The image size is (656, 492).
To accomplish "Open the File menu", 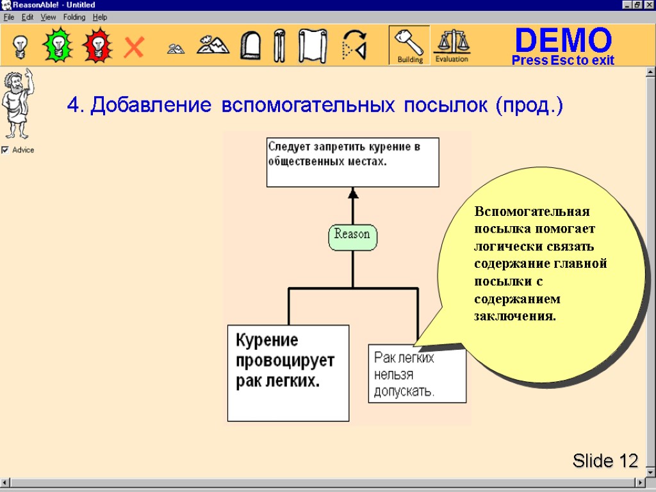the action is (x=9, y=17).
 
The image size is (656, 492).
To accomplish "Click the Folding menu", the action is (x=74, y=17).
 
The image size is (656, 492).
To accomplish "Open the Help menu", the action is (x=100, y=17).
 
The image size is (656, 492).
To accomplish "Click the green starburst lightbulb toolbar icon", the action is (x=58, y=45).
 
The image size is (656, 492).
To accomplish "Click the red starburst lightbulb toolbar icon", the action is (x=97, y=45).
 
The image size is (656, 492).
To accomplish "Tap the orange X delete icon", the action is (x=134, y=47).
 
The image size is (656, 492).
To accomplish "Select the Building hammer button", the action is (x=409, y=45).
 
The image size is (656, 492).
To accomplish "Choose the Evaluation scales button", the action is (x=452, y=45).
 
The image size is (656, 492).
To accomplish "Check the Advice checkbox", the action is (x=5, y=150).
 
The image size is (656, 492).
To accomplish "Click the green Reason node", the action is (x=353, y=235).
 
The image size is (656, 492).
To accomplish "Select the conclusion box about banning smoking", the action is (x=352, y=161).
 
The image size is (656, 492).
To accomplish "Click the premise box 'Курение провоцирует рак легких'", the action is (x=288, y=372).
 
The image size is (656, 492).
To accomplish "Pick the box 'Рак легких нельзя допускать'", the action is (x=416, y=374).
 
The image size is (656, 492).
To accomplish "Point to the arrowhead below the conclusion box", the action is (x=353, y=193).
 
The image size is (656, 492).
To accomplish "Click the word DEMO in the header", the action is (x=563, y=40).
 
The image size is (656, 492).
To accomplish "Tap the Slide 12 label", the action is (x=605, y=461).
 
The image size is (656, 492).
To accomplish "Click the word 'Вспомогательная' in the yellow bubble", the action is (x=531, y=212).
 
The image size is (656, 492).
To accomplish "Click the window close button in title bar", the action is (x=649, y=5).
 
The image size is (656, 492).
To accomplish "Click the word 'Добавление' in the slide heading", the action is (x=151, y=105).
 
